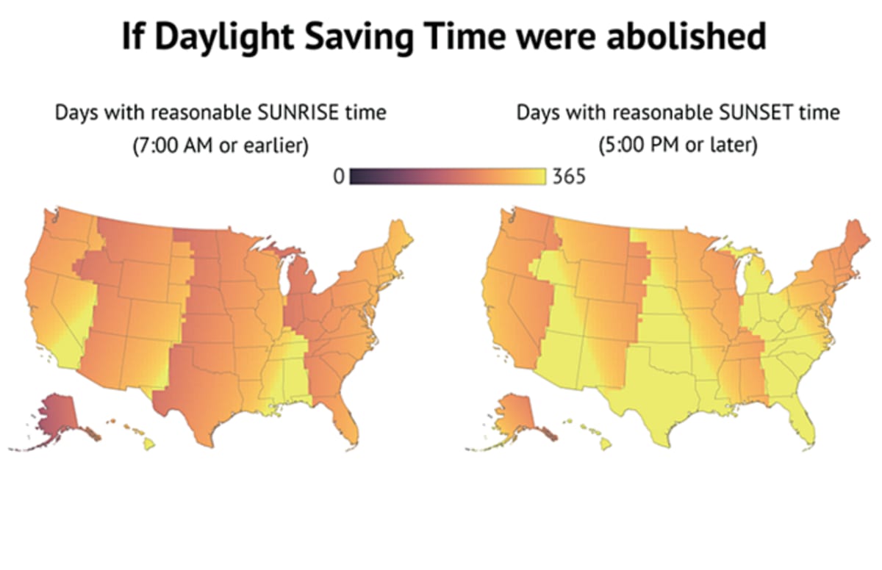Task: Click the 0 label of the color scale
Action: pyautogui.click(x=339, y=177)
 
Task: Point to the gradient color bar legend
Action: pyautogui.click(x=447, y=177)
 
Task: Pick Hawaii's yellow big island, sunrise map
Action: pyautogui.click(x=149, y=443)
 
